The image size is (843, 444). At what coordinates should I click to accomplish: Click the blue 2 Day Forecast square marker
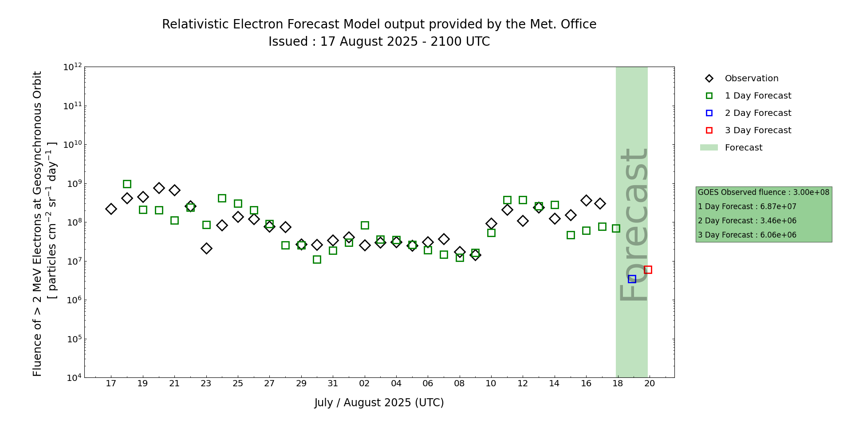(x=632, y=279)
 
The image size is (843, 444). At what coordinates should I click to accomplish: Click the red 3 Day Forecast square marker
(x=648, y=270)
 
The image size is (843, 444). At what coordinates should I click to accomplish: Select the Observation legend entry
(x=751, y=79)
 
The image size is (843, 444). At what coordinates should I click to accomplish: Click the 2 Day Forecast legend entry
(x=758, y=113)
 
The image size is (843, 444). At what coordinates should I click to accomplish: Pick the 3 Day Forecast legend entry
(x=758, y=131)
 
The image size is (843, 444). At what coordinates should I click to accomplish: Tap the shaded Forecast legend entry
(x=743, y=148)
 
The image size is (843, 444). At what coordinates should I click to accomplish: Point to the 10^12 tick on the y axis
(x=73, y=67)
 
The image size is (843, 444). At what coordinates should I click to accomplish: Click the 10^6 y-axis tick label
(x=73, y=300)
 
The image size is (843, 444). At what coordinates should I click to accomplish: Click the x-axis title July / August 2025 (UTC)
(x=379, y=403)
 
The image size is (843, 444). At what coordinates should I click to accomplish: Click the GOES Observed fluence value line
(x=763, y=193)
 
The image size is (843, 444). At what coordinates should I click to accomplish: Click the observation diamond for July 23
(x=206, y=248)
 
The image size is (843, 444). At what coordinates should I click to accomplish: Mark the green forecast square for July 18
(x=127, y=184)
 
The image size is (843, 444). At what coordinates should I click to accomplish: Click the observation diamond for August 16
(x=586, y=200)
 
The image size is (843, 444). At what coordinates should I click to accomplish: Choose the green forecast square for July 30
(x=317, y=259)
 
